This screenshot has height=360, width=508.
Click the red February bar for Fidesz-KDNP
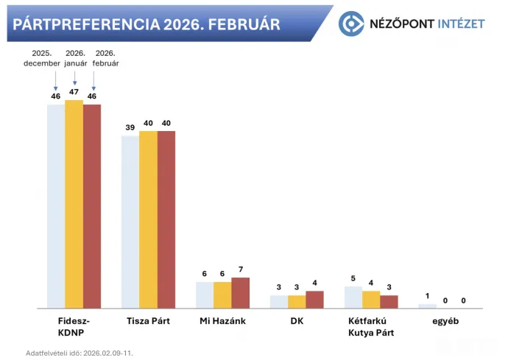(x=92, y=206)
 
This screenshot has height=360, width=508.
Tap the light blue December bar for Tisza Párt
(x=130, y=222)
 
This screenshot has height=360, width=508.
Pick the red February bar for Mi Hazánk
(x=241, y=292)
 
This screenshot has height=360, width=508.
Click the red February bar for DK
(x=314, y=299)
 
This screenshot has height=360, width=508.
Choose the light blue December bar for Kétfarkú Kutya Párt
(x=353, y=297)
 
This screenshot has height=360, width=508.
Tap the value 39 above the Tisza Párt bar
(x=130, y=128)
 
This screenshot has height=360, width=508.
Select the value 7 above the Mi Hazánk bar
(x=241, y=270)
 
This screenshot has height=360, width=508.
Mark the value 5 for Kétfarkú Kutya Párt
(x=353, y=278)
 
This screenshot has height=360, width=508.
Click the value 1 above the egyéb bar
(x=427, y=296)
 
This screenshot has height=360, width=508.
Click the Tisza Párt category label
(x=148, y=322)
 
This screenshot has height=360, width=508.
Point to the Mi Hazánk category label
(x=222, y=322)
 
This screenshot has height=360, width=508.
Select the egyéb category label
(x=445, y=322)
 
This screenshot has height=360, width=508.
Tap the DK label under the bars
(x=297, y=322)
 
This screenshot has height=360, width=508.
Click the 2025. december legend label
(x=41, y=58)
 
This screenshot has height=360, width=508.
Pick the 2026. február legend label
(x=105, y=58)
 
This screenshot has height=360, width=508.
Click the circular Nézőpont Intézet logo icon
(x=352, y=24)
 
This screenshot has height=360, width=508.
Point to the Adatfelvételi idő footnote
(x=80, y=353)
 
